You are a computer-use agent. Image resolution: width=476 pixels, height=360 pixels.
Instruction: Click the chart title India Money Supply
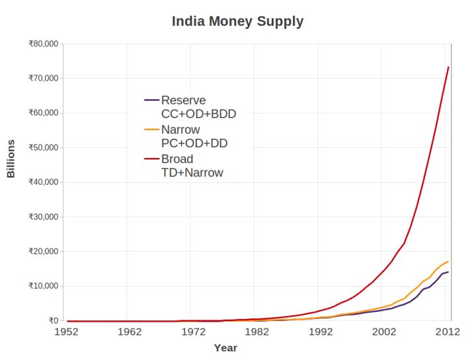237,22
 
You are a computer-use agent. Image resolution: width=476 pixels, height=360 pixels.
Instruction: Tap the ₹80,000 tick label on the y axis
44,44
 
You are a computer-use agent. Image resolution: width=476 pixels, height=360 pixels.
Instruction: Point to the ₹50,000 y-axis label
44,148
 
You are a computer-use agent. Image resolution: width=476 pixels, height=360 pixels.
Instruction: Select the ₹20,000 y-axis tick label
44,252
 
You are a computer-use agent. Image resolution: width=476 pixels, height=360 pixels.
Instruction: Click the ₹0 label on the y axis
54,320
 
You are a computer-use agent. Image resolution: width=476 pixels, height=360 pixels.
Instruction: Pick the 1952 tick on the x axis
66,332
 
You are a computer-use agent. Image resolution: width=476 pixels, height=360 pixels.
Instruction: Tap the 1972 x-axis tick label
193,332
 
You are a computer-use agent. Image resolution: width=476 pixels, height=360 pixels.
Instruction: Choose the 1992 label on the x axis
321,332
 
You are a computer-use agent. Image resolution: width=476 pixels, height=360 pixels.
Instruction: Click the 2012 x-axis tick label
448,332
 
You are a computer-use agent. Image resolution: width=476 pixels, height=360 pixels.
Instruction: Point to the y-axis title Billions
11,159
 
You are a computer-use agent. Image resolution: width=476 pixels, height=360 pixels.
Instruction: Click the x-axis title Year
225,348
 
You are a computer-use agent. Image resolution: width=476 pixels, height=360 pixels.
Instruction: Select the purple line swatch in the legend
152,100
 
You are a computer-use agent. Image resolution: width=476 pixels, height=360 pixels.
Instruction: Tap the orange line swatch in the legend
152,129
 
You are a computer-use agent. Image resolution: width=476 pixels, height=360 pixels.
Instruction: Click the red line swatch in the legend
152,159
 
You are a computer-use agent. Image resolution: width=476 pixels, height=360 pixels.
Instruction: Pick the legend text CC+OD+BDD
198,114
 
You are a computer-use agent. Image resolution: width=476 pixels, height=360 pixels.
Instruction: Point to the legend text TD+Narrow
192,173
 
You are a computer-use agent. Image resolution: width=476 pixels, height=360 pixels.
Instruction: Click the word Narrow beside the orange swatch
180,130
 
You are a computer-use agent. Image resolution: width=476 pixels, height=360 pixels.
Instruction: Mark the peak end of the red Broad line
448,67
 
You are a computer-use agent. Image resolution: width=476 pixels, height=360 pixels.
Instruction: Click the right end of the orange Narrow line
448,262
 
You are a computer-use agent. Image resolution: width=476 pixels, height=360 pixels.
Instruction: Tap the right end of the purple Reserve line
448,272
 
